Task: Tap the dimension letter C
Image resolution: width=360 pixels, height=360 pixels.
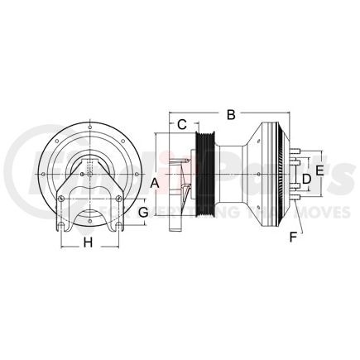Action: point(181,126)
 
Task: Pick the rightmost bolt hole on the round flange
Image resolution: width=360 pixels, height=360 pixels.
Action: point(140,175)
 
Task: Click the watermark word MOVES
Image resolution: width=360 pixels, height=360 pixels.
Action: point(294,213)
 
